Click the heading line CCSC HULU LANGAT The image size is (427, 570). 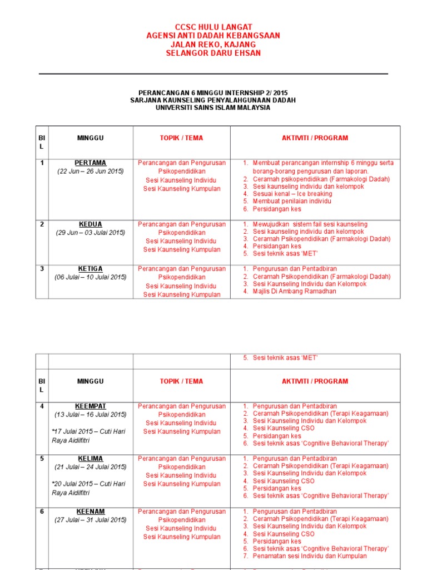point(213,27)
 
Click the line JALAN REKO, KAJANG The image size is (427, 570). point(213,45)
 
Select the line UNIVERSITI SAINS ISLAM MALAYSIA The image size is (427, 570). point(213,107)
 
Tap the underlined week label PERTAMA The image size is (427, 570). point(91,163)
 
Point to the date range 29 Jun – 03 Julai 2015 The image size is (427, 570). point(91,233)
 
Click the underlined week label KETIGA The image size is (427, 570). point(91,269)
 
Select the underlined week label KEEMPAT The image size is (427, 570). point(91,406)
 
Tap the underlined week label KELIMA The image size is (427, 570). point(91,459)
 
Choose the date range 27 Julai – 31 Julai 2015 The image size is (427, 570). point(91,520)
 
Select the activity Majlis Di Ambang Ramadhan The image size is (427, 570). point(294,291)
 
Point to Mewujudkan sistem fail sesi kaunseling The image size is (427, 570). point(310,224)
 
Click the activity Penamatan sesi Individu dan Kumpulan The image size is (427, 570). point(310,556)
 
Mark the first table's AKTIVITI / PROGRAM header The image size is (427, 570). point(315,138)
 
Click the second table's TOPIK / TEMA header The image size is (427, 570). point(181,381)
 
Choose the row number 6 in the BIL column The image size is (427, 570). point(42,512)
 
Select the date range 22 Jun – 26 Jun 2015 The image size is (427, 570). point(91,171)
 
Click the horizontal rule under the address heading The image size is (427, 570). point(213,73)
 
